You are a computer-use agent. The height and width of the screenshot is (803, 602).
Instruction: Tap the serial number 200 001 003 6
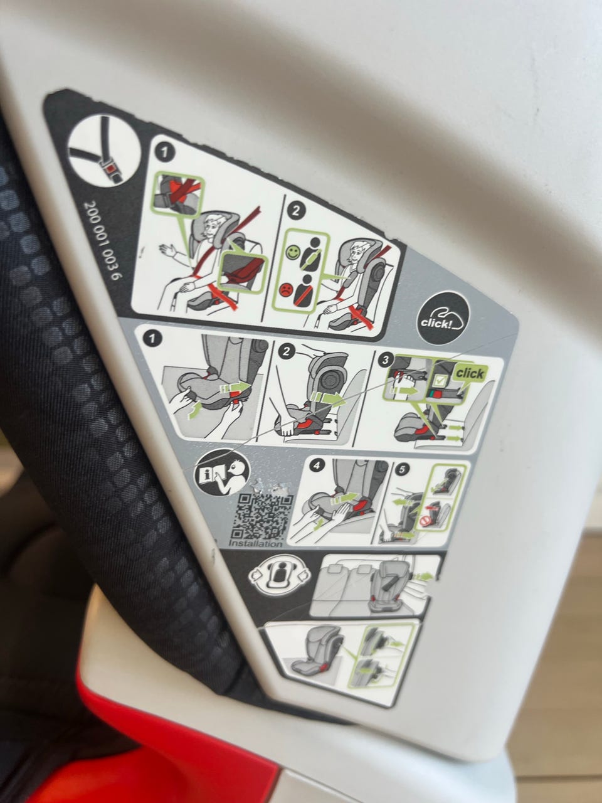pyautogui.click(x=103, y=240)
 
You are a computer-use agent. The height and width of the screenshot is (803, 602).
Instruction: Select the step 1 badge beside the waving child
pyautogui.click(x=164, y=152)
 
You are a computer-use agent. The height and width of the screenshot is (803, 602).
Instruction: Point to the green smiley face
pyautogui.click(x=292, y=252)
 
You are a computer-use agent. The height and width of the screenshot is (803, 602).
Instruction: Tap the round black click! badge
pyautogui.click(x=443, y=318)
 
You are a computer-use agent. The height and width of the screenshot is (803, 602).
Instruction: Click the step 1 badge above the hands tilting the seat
pyautogui.click(x=152, y=338)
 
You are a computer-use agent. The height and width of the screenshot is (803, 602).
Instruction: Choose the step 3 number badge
pyautogui.click(x=385, y=360)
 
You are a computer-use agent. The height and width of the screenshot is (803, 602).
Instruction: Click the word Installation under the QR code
pyautogui.click(x=255, y=544)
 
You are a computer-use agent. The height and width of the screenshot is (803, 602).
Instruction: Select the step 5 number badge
pyautogui.click(x=402, y=469)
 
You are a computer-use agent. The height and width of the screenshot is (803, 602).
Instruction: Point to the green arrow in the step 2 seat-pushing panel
pyautogui.click(x=327, y=400)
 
